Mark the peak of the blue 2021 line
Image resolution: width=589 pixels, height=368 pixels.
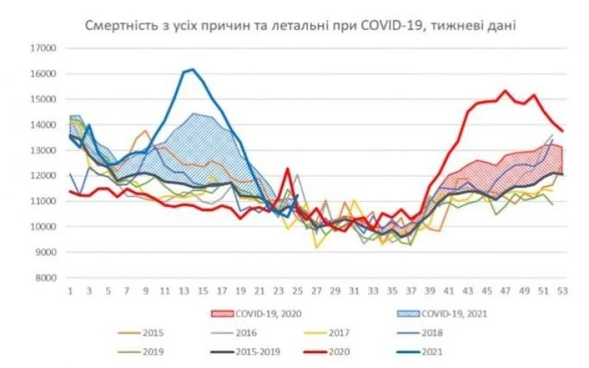pyautogui.click(x=192, y=70)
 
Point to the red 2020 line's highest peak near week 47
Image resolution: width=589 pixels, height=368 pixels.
pyautogui.click(x=505, y=91)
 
